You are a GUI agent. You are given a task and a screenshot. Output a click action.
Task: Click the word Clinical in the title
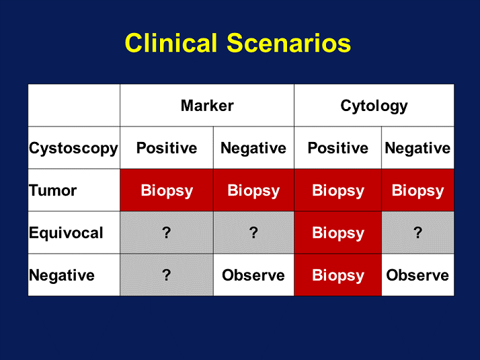(x=171, y=43)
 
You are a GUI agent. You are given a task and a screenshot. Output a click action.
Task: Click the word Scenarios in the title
(x=288, y=43)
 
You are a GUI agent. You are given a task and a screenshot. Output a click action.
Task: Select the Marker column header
(x=207, y=106)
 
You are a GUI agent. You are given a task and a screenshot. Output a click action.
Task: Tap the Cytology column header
(x=374, y=106)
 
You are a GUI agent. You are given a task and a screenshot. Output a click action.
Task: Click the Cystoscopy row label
(x=73, y=149)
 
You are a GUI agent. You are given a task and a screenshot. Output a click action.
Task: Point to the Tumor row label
(x=52, y=190)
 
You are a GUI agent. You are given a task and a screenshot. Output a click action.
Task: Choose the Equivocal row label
(x=66, y=233)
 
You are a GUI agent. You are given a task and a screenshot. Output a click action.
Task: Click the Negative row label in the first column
(x=62, y=275)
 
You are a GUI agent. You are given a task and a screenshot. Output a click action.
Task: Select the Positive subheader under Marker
(x=167, y=148)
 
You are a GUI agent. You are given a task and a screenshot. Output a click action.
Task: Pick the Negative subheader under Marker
(x=253, y=149)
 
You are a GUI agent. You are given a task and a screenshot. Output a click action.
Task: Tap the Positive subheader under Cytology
(x=338, y=148)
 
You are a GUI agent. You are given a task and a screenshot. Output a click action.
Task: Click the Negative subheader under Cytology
(x=417, y=149)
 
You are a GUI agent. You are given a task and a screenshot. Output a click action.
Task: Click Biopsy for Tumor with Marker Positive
(x=167, y=191)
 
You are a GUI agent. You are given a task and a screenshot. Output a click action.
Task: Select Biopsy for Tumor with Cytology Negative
(x=418, y=191)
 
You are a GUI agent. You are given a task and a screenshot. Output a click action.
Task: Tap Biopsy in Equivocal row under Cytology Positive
(x=338, y=233)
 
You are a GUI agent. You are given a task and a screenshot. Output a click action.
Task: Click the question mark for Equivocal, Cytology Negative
(x=418, y=233)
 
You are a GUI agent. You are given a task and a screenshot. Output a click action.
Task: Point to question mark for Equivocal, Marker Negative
(x=253, y=233)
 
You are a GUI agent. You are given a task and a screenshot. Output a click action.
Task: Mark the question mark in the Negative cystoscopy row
(x=167, y=275)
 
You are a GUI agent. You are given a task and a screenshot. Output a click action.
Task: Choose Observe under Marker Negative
(x=253, y=275)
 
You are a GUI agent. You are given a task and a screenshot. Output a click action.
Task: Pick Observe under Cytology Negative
(x=417, y=275)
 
